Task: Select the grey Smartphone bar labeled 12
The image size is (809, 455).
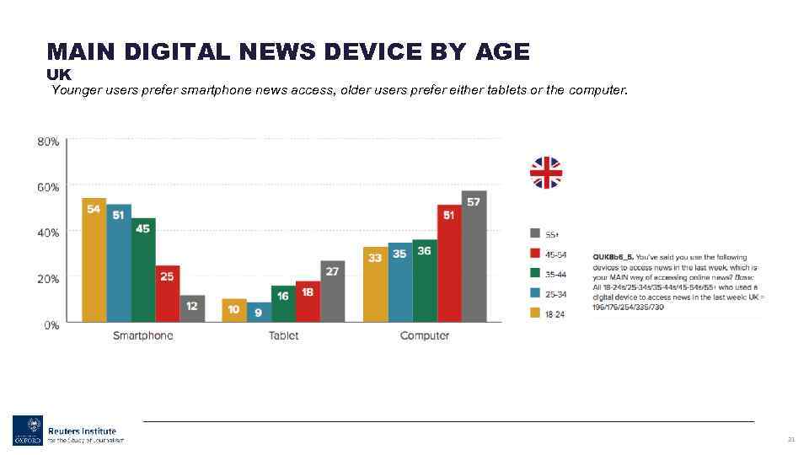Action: pyautogui.click(x=192, y=308)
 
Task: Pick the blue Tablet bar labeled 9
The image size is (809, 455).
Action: pyautogui.click(x=258, y=311)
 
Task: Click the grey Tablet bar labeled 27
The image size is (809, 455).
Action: pyautogui.click(x=332, y=291)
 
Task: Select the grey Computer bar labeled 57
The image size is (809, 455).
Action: pyautogui.click(x=474, y=256)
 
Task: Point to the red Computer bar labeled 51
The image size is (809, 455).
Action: pyautogui.click(x=449, y=263)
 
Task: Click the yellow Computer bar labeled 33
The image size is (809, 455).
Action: pyautogui.click(x=376, y=284)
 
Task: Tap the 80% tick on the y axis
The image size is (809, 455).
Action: pyautogui.click(x=48, y=142)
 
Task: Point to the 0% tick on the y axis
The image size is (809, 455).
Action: pyautogui.click(x=51, y=324)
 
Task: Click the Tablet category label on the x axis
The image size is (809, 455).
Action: pyautogui.click(x=283, y=335)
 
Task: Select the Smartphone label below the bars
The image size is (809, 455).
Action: pyautogui.click(x=143, y=335)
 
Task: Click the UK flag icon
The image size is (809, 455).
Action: pyautogui.click(x=545, y=173)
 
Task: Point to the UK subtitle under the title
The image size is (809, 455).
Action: pyautogui.click(x=59, y=74)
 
